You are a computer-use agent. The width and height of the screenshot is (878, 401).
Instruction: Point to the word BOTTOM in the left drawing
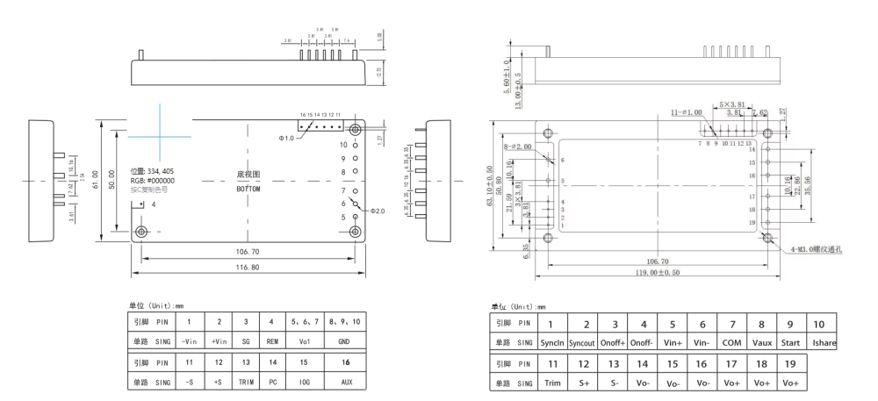tap(248, 189)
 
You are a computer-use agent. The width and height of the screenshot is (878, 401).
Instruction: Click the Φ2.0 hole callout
tap(378, 211)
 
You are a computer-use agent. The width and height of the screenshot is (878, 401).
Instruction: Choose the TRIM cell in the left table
tap(245, 383)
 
